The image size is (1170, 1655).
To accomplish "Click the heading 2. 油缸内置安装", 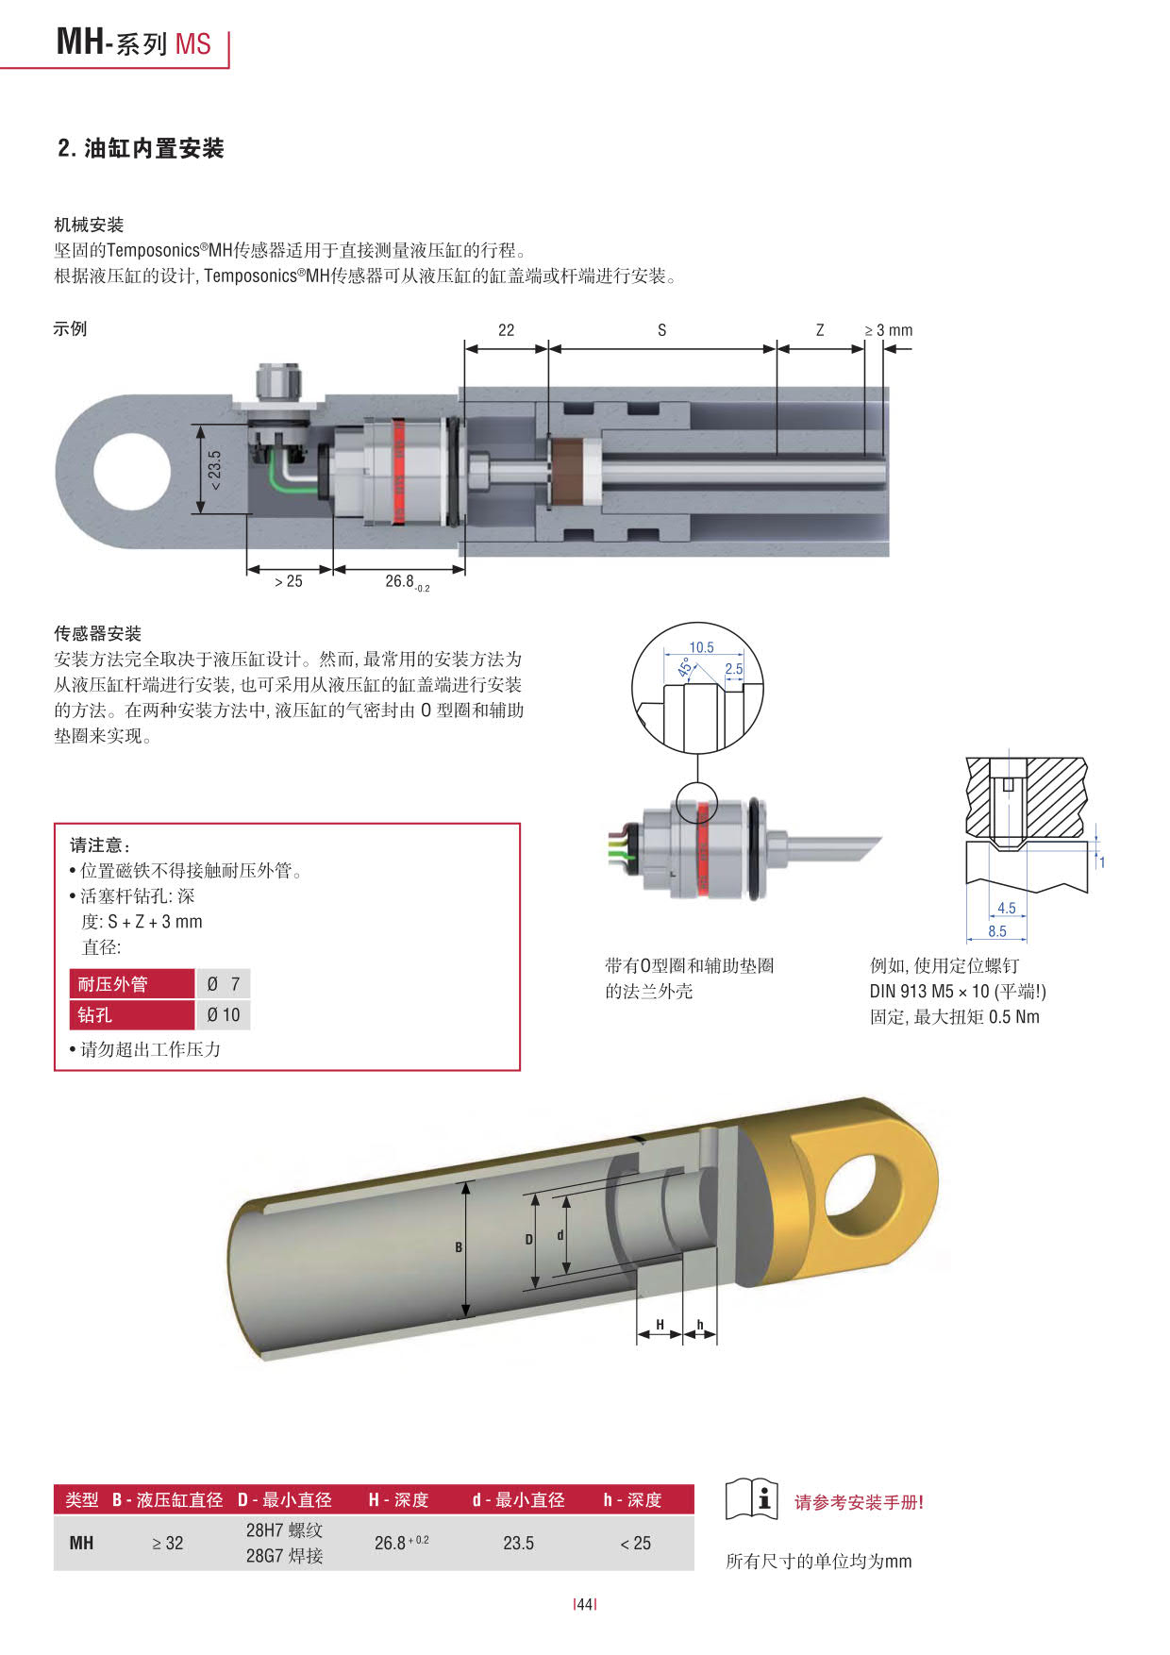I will (141, 148).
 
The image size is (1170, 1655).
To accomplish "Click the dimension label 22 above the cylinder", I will (506, 330).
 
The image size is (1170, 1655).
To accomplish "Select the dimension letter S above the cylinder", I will (661, 330).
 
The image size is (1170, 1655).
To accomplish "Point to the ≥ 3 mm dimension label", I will (888, 330).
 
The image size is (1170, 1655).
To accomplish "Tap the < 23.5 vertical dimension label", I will (215, 469).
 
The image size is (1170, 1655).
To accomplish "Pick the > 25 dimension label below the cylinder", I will (289, 581).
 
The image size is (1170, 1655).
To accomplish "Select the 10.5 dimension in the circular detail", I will (701, 647).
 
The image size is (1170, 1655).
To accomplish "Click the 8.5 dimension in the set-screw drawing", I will (997, 931).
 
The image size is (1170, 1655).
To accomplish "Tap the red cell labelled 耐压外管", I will (132, 984).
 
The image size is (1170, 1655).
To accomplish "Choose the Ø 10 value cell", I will (224, 1015).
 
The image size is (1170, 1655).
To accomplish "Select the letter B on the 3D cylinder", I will (459, 1247).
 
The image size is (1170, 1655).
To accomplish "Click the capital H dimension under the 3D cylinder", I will (660, 1325).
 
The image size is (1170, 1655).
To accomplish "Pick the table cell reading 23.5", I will (518, 1543).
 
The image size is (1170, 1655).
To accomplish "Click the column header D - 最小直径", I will (284, 1499).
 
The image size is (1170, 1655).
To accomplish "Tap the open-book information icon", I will (751, 1499).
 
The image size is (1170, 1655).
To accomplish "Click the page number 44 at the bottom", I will (585, 1604).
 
